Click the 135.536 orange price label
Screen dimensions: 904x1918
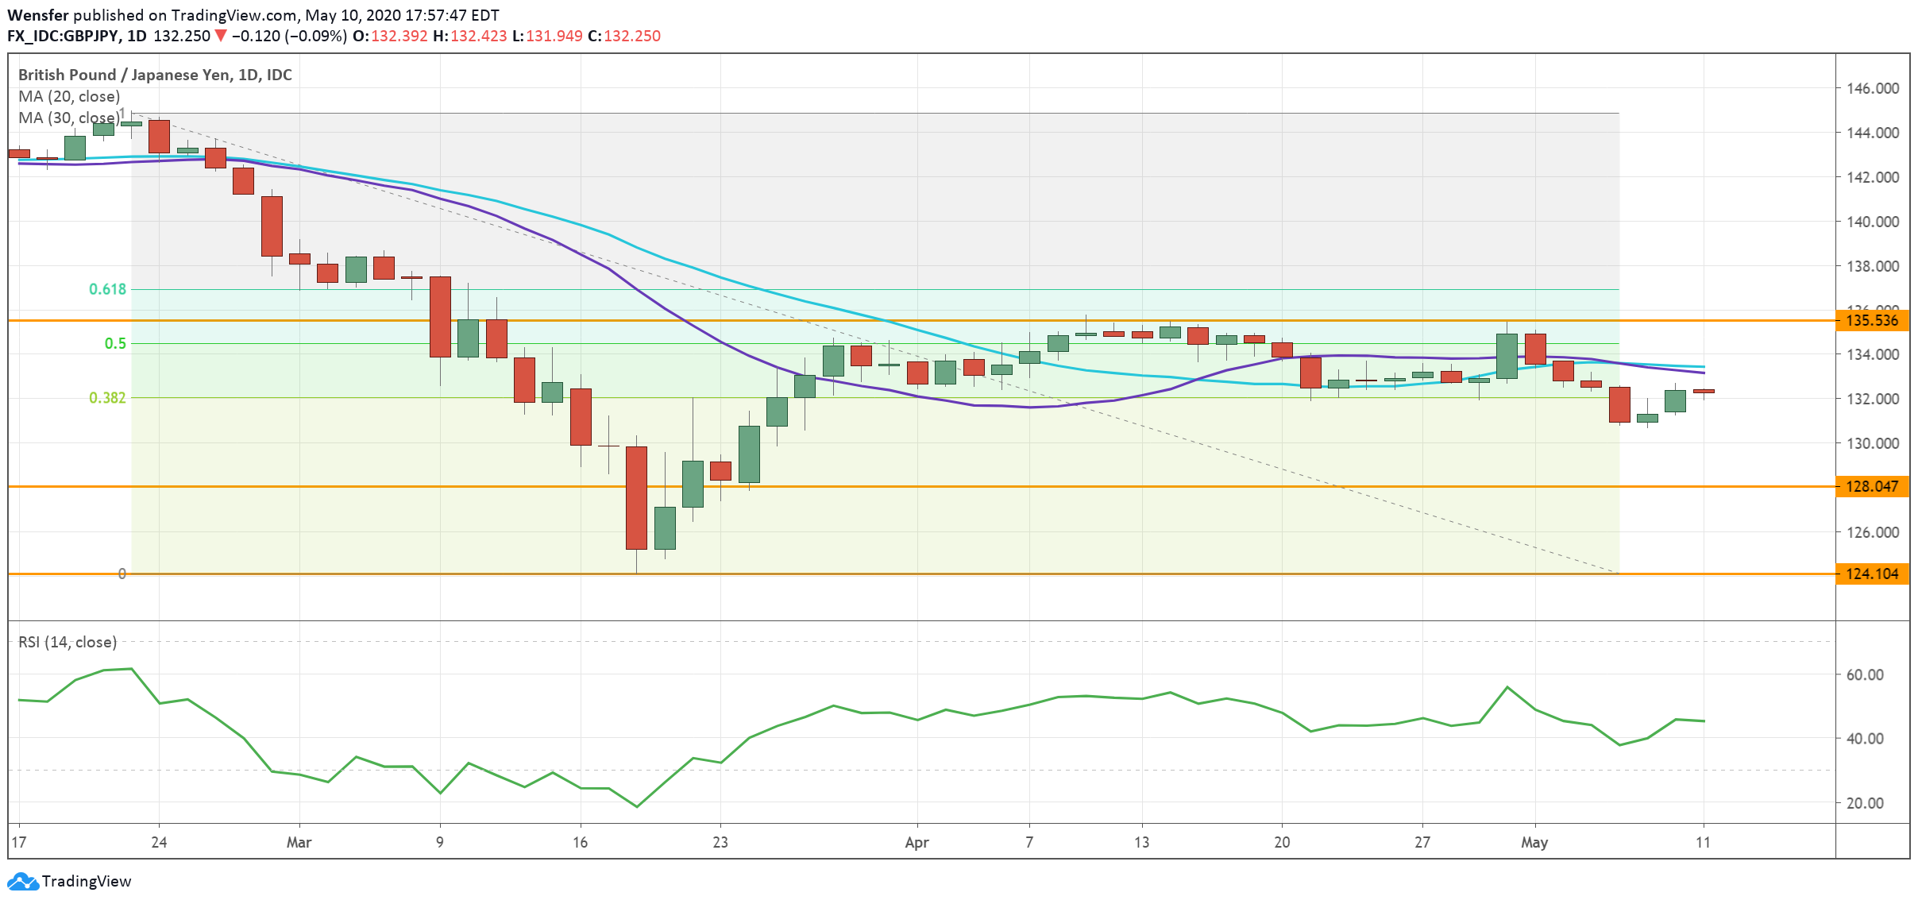pyautogui.click(x=1872, y=321)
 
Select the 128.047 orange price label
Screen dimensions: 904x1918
pyautogui.click(x=1872, y=486)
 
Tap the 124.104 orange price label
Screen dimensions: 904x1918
pyautogui.click(x=1872, y=574)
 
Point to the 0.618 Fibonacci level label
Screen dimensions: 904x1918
pyautogui.click(x=107, y=289)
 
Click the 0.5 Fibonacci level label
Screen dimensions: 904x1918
pyautogui.click(x=115, y=343)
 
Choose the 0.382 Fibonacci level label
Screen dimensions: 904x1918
pyautogui.click(x=107, y=397)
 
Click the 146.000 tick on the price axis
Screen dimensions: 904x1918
pyautogui.click(x=1873, y=88)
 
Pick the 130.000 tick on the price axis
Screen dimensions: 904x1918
pyautogui.click(x=1873, y=443)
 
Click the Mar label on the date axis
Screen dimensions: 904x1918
pyautogui.click(x=299, y=842)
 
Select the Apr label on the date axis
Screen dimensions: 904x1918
pyautogui.click(x=917, y=842)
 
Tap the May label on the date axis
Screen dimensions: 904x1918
pyautogui.click(x=1534, y=842)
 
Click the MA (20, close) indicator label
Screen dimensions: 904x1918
pyautogui.click(x=69, y=96)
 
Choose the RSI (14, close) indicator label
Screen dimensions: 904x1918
pyautogui.click(x=68, y=642)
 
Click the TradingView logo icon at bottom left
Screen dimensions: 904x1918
pyautogui.click(x=22, y=881)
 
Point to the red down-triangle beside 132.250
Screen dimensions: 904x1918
pyautogui.click(x=221, y=36)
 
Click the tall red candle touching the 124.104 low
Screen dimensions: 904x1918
pyautogui.click(x=636, y=498)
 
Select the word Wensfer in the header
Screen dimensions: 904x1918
pyautogui.click(x=38, y=15)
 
